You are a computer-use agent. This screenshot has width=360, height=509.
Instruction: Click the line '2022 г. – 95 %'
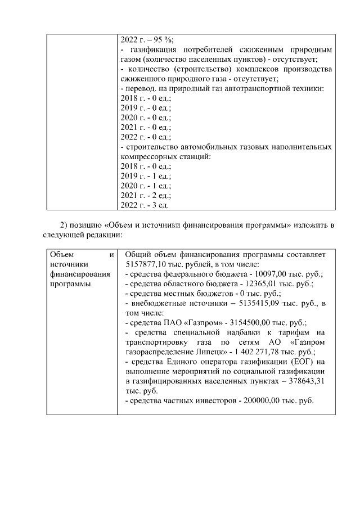(147, 39)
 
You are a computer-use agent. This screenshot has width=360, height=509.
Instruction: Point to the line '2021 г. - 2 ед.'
(146, 195)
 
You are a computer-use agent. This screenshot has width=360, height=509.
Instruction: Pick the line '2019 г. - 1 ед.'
(146, 176)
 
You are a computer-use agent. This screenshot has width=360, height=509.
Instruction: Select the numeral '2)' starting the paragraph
(64, 226)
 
